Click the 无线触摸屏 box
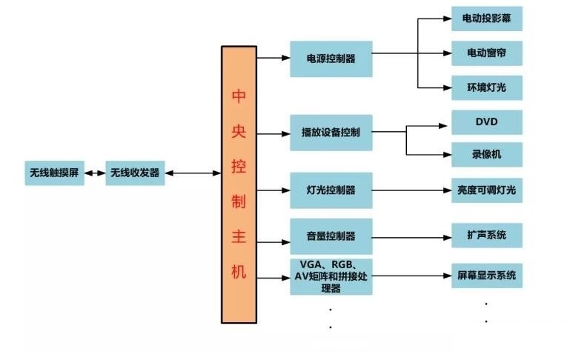[x=54, y=173]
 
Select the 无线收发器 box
[x=135, y=173]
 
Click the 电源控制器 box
[x=331, y=59]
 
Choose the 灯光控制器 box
[x=331, y=190]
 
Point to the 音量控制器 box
[x=331, y=236]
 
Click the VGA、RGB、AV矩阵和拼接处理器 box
[x=331, y=276]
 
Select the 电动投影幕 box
[x=486, y=19]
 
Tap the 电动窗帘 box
[x=486, y=53]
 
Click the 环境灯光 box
[x=486, y=88]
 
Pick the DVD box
[x=486, y=122]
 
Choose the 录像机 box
[x=486, y=154]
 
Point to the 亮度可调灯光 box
[x=486, y=190]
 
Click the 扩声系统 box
[x=486, y=236]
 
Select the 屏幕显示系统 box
[x=486, y=276]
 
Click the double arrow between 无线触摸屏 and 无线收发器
[x=95, y=173]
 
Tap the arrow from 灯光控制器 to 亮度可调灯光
[x=411, y=190]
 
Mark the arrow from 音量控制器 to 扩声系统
[x=411, y=236]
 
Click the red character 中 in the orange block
[x=239, y=96]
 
